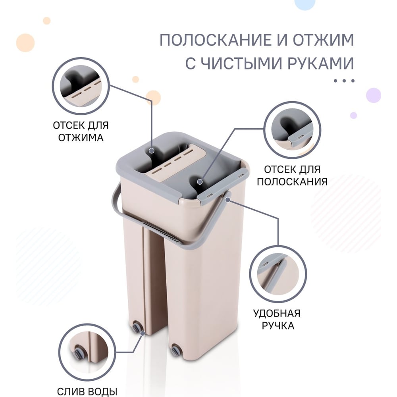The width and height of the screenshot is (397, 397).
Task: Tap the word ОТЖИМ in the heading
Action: [323, 40]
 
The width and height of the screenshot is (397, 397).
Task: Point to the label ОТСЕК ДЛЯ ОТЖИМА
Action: [81, 131]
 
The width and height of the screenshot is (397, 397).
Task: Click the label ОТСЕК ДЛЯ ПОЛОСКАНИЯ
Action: [292, 175]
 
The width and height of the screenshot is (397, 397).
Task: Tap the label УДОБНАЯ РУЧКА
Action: [277, 319]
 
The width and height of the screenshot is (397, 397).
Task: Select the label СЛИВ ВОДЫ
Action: [87, 391]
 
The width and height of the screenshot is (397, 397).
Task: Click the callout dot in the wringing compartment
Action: [152, 150]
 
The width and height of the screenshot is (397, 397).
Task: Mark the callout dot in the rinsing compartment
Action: [200, 181]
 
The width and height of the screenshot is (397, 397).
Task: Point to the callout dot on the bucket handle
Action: [227, 200]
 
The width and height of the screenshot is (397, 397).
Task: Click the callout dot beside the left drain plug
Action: [143, 333]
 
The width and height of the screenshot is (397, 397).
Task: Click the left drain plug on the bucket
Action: [136, 326]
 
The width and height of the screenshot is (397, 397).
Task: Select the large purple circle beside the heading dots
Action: [374, 95]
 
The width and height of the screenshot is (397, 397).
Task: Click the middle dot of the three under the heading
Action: [344, 81]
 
